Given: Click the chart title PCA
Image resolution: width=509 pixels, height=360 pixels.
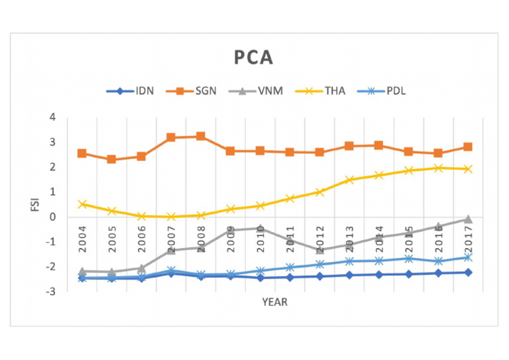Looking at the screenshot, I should [254, 58].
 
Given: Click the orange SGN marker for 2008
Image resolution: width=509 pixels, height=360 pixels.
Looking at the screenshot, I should [201, 137].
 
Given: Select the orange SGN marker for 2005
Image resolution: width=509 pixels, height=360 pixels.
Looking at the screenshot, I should [112, 160].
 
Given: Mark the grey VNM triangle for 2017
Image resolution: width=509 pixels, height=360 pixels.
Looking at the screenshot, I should [467, 219].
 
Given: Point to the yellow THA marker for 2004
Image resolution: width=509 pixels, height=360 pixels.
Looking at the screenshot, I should [82, 204].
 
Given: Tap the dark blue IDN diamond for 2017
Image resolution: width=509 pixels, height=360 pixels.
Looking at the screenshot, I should [467, 272].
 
